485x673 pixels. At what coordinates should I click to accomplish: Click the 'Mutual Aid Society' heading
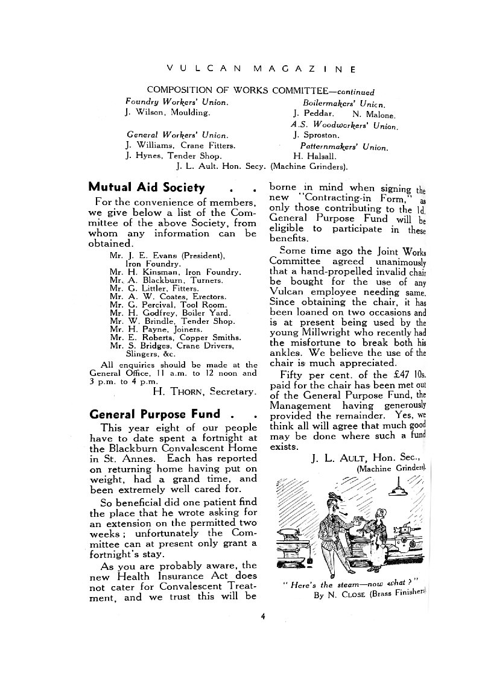click(x=147, y=188)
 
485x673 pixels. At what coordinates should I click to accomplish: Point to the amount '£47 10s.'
click(x=405, y=374)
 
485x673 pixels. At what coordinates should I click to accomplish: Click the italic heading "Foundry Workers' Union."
click(x=177, y=103)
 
